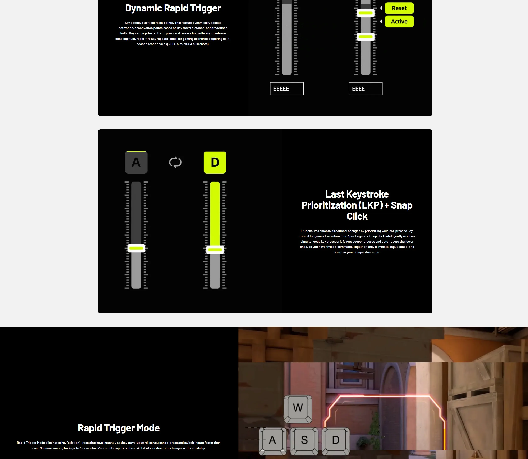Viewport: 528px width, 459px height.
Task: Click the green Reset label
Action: pyautogui.click(x=399, y=8)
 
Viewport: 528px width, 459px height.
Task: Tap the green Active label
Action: pyautogui.click(x=399, y=22)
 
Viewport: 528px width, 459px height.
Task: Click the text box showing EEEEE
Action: pyautogui.click(x=286, y=89)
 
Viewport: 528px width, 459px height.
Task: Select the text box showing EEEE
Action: pyautogui.click(x=366, y=89)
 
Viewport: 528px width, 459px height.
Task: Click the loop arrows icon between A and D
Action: pyautogui.click(x=175, y=162)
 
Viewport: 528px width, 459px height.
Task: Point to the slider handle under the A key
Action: pyautogui.click(x=136, y=248)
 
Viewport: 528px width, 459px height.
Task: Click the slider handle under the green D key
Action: pyautogui.click(x=215, y=250)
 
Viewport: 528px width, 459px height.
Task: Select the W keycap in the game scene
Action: pyautogui.click(x=298, y=409)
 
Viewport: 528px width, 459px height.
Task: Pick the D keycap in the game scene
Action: pyautogui.click(x=336, y=441)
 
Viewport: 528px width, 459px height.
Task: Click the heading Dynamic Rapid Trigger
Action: pyautogui.click(x=173, y=8)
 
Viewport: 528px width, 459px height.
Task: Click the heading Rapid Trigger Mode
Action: pyautogui.click(x=119, y=428)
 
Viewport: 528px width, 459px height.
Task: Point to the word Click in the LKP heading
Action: pyautogui.click(x=357, y=216)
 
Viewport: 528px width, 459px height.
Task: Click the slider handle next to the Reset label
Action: pyautogui.click(x=366, y=13)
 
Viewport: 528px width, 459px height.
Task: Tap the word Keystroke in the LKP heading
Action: pyautogui.click(x=367, y=194)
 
